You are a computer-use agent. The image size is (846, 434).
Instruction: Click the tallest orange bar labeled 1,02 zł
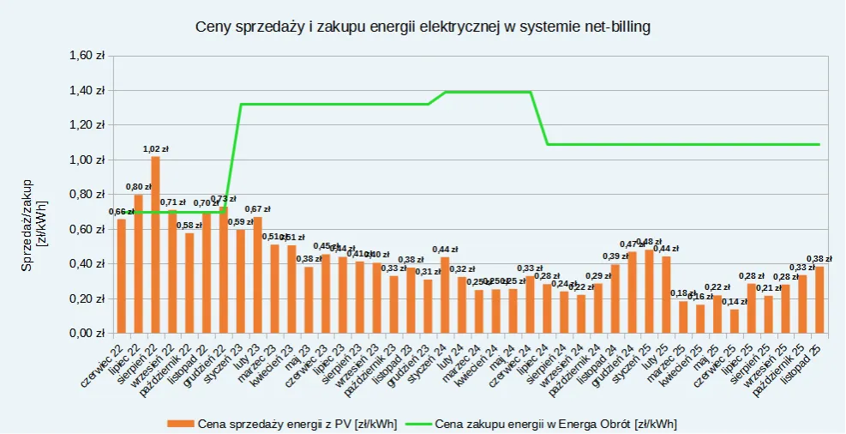pyautogui.click(x=155, y=244)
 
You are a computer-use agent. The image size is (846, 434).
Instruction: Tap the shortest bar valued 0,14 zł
pyautogui.click(x=734, y=321)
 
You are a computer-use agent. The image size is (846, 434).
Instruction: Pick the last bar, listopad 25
pyautogui.click(x=819, y=300)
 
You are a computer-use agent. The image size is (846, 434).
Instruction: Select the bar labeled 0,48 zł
pyautogui.click(x=649, y=292)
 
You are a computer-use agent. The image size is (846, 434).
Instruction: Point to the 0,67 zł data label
pyautogui.click(x=257, y=208)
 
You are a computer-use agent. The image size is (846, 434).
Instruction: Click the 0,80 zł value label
pyautogui.click(x=138, y=186)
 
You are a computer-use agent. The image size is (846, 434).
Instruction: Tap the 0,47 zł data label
pyautogui.click(x=632, y=244)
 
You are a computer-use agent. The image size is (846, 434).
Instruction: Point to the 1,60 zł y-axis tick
pyautogui.click(x=86, y=55)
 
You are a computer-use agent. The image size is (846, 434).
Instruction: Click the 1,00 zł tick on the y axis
pyautogui.click(x=86, y=160)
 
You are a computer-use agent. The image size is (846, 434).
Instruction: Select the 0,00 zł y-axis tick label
pyautogui.click(x=86, y=334)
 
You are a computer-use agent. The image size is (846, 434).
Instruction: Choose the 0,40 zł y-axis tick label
pyautogui.click(x=86, y=264)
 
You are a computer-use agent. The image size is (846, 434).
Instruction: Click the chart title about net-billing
pyautogui.click(x=423, y=27)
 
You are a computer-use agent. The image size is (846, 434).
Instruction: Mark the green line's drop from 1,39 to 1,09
pyautogui.click(x=539, y=118)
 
